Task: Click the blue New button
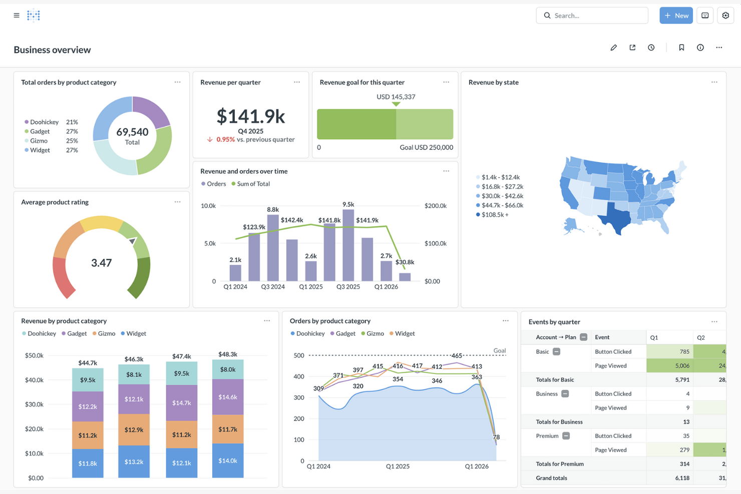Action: [676, 16]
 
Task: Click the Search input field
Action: [596, 16]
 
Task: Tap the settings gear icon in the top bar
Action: [725, 16]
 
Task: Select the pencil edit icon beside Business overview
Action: [613, 48]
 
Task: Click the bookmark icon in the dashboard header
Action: [681, 48]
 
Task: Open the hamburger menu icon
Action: [17, 16]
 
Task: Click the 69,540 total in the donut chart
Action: [132, 132]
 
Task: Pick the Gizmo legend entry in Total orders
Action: [39, 141]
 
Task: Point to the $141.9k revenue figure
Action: [250, 116]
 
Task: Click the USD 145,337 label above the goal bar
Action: [396, 97]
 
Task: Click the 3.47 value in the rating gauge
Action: [101, 263]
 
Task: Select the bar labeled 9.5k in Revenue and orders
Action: [348, 245]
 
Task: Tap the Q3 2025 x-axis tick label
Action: [348, 287]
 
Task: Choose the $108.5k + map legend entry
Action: [495, 215]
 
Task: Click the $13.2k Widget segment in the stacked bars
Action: [134, 461]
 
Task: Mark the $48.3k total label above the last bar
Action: [228, 354]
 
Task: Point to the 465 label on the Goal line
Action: [456, 355]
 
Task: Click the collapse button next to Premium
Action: [566, 436]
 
